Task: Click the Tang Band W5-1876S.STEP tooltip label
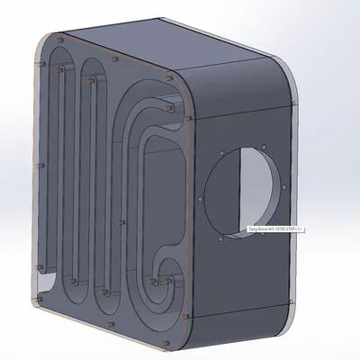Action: pyautogui.click(x=275, y=229)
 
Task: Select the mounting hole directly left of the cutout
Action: pyautogui.click(x=198, y=195)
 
